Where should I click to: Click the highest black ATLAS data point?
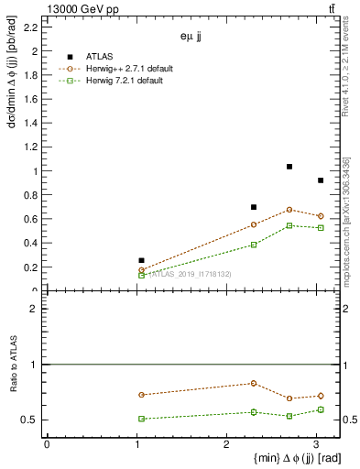289,167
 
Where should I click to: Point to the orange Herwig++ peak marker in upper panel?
289,210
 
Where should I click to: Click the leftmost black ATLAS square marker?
141,260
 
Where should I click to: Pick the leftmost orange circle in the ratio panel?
141,395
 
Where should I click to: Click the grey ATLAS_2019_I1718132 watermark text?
190,275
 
